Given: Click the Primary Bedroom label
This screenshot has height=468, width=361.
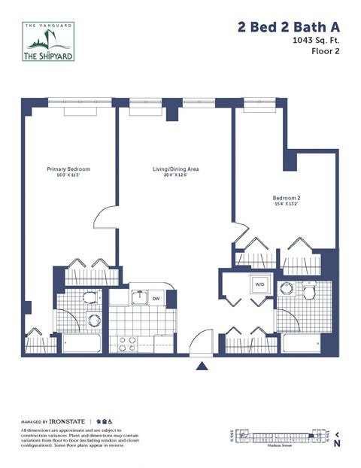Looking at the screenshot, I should pos(68,169).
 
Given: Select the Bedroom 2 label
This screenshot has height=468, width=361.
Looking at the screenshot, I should pos(287,199).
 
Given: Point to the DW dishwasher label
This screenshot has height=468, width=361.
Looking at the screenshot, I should pos(156,298).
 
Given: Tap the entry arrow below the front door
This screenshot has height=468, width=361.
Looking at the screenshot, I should pos(202,366).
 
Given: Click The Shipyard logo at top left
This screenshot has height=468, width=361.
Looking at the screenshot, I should pos(50,44).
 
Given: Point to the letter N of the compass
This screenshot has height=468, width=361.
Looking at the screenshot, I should pos(337,444).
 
